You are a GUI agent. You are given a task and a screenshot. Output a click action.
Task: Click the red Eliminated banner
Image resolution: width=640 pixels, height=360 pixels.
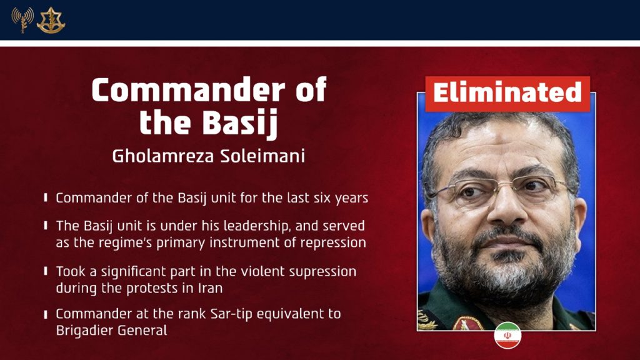coord(507,94)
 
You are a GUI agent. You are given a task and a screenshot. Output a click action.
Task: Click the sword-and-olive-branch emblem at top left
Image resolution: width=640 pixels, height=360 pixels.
coord(51,20)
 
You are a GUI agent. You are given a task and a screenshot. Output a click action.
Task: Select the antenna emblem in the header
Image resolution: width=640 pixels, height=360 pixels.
coord(22,20)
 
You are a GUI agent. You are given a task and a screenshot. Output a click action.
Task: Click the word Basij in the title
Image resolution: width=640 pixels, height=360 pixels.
coord(241,122)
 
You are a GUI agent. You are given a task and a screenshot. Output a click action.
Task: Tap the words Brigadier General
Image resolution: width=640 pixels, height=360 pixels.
coord(111,331)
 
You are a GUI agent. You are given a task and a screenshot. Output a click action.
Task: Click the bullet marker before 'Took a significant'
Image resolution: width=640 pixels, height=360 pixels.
coord(46,272)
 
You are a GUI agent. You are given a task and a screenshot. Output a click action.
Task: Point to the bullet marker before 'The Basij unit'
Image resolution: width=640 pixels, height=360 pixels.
coord(46,225)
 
